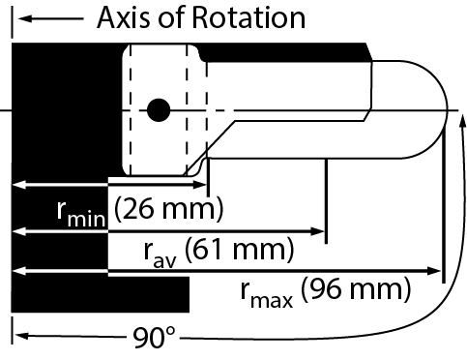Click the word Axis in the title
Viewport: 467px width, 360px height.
point(125,17)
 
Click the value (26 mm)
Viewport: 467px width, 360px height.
point(169,207)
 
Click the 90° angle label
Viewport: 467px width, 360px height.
point(155,338)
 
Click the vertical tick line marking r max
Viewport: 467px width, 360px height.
point(442,208)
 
